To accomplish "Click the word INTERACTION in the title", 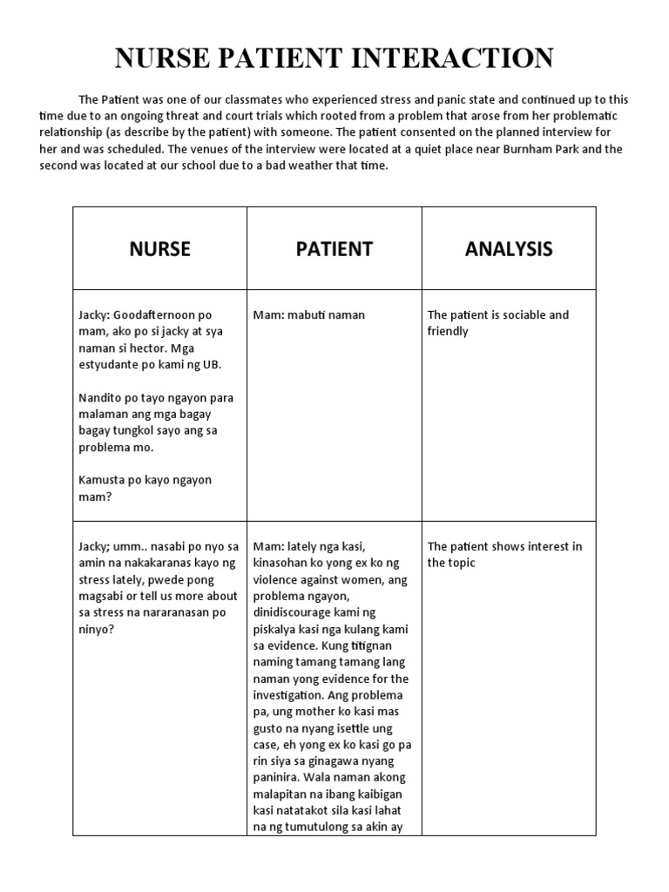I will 455,58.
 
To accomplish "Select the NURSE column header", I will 159,249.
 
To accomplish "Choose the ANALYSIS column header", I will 509,249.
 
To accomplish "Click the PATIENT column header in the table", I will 334,249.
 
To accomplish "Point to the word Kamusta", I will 102,480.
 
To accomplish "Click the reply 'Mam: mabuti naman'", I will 309,314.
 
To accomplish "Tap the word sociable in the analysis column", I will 520,314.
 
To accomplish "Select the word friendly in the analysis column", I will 448,331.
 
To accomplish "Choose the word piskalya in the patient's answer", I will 277,629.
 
